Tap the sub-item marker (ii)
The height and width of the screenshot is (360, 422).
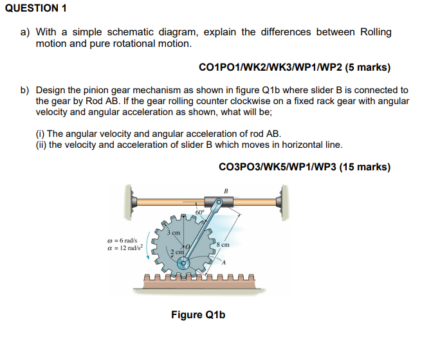41,144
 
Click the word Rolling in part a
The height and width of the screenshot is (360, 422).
376,32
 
